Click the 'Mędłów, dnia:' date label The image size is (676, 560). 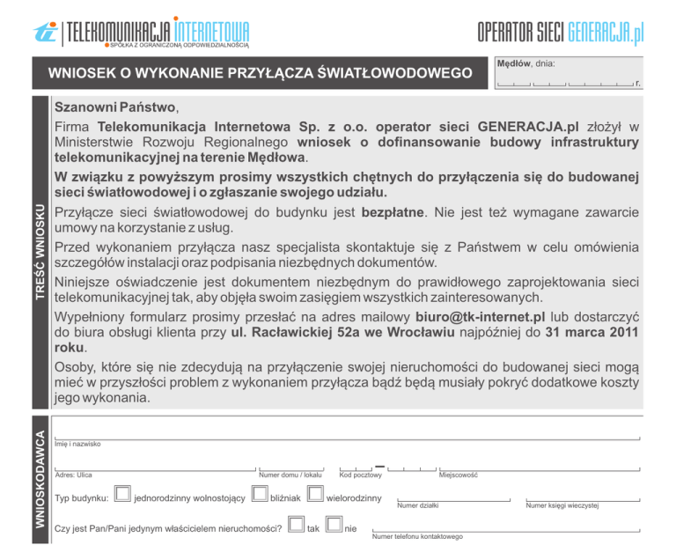point(525,64)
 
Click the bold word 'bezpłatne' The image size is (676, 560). point(394,212)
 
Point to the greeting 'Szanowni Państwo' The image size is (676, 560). point(115,109)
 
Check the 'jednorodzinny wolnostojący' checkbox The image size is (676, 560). point(123,497)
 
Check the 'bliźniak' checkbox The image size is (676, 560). point(259,497)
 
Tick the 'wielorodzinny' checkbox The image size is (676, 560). point(316,497)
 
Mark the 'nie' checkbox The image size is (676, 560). point(334,527)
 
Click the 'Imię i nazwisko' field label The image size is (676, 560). point(77,444)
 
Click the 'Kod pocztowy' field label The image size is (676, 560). point(360,475)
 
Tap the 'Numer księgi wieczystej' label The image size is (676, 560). point(562,506)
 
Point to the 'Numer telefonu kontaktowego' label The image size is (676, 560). point(417,536)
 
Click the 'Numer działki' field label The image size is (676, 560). point(417,506)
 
